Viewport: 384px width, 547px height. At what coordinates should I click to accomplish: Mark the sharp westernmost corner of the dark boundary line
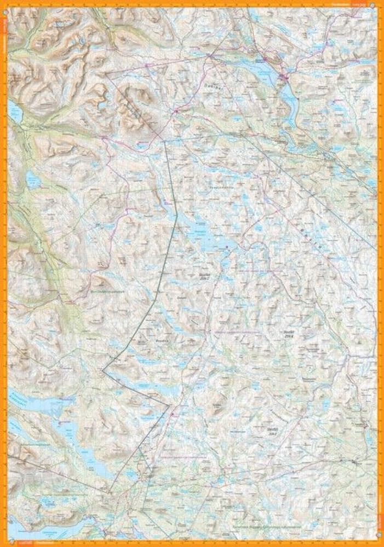(103, 370)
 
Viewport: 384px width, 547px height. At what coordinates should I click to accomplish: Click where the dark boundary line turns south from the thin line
(165, 141)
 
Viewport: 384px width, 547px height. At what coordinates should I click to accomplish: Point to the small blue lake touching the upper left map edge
(15, 113)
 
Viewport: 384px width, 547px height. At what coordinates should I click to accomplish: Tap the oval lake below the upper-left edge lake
(33, 179)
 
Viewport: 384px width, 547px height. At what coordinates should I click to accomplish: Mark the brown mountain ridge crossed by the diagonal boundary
(134, 104)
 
